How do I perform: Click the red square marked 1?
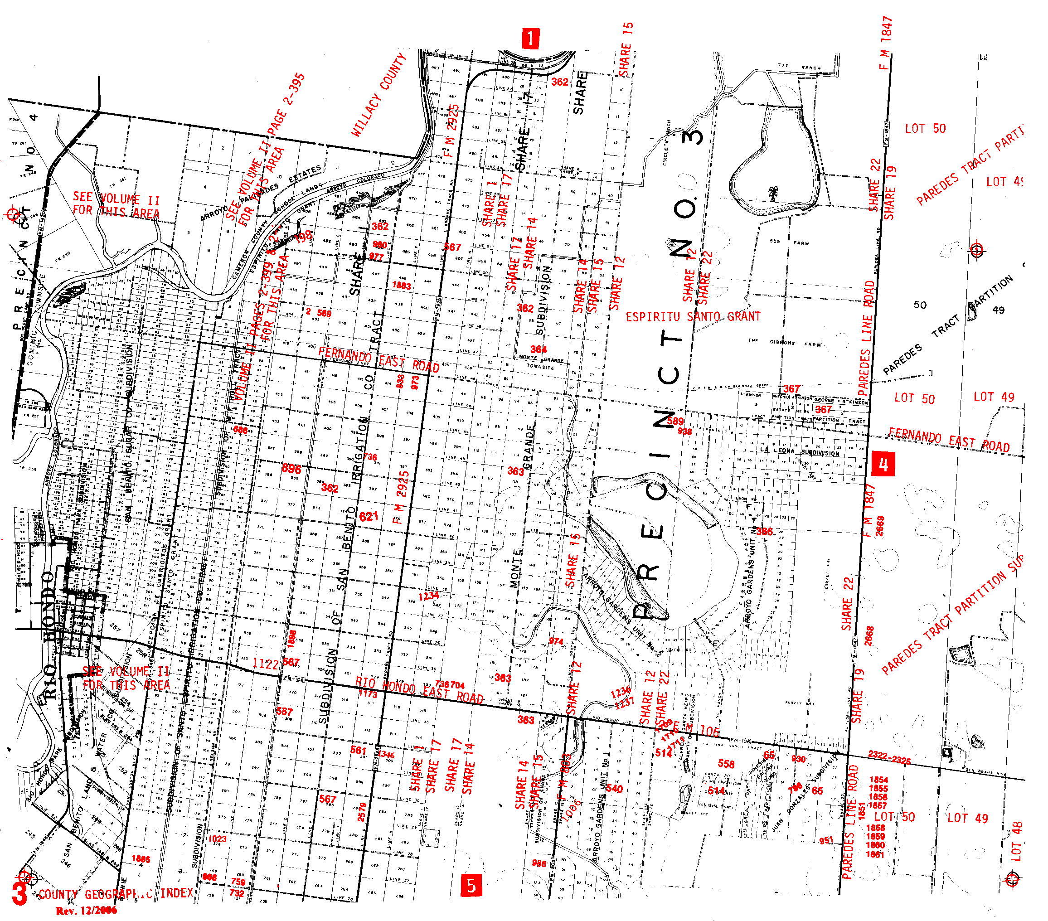tap(530, 38)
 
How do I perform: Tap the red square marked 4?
tap(883, 464)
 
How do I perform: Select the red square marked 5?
tap(471, 885)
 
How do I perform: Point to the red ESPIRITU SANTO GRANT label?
tap(693, 317)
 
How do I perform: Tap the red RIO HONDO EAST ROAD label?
tap(419, 690)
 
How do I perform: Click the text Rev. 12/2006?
tap(86, 910)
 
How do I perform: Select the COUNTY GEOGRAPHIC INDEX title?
tap(116, 894)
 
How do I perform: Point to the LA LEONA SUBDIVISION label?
tap(799, 452)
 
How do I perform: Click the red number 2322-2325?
tap(889, 757)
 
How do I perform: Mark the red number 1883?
tap(402, 286)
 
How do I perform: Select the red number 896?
tap(291, 468)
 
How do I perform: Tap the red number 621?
tap(369, 516)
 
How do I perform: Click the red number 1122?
tap(265, 664)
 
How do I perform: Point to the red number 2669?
tap(880, 526)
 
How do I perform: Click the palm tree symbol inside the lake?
tap(771, 194)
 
